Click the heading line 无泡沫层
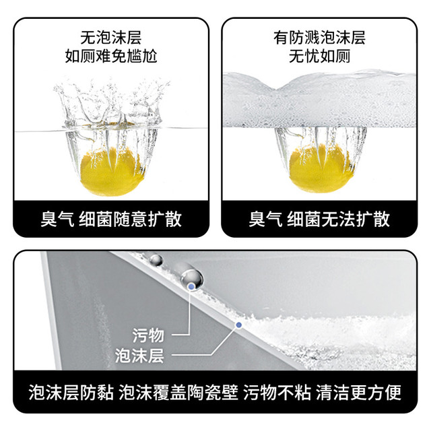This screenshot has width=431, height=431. [x=110, y=38]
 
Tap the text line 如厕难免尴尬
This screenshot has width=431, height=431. [x=110, y=56]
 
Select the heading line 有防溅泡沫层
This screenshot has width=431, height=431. [x=319, y=38]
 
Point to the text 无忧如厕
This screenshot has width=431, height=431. [x=319, y=56]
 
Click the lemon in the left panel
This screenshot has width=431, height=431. [x=111, y=172]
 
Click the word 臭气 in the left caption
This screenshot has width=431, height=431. [x=57, y=219]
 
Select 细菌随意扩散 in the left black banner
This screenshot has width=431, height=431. [x=130, y=219]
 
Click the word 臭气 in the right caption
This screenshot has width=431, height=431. [x=265, y=219]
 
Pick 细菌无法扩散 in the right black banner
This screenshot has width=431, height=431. [x=338, y=219]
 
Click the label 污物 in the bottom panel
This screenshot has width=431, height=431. [x=148, y=335]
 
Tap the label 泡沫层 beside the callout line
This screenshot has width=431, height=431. [x=139, y=355]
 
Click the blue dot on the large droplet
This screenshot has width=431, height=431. [x=191, y=287]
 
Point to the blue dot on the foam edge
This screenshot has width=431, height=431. [x=239, y=325]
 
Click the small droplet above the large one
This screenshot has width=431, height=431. [x=156, y=260]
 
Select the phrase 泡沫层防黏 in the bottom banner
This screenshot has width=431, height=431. [x=71, y=392]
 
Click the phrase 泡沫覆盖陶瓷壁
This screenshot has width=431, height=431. [x=178, y=392]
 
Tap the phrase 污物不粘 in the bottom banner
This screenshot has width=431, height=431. [x=277, y=392]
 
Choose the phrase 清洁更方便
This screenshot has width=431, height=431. [x=359, y=392]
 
